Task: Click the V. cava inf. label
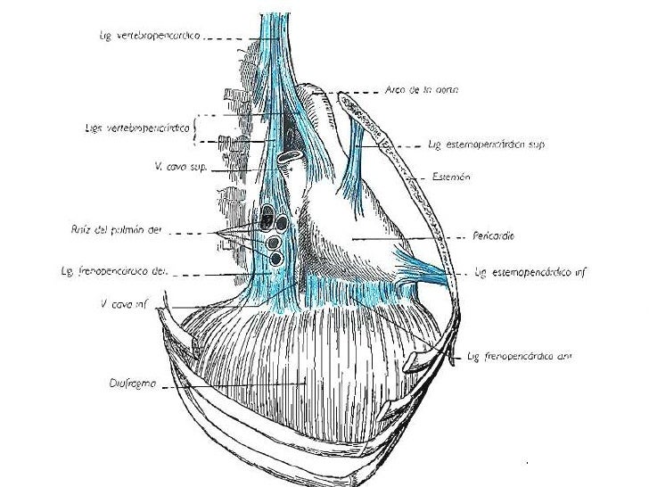(x=124, y=302)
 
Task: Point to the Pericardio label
(x=497, y=236)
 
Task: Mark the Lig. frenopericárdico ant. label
(x=519, y=356)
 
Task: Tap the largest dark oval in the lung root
(x=269, y=215)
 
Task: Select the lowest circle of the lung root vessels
(x=276, y=259)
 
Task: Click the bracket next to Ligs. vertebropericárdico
(x=199, y=128)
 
